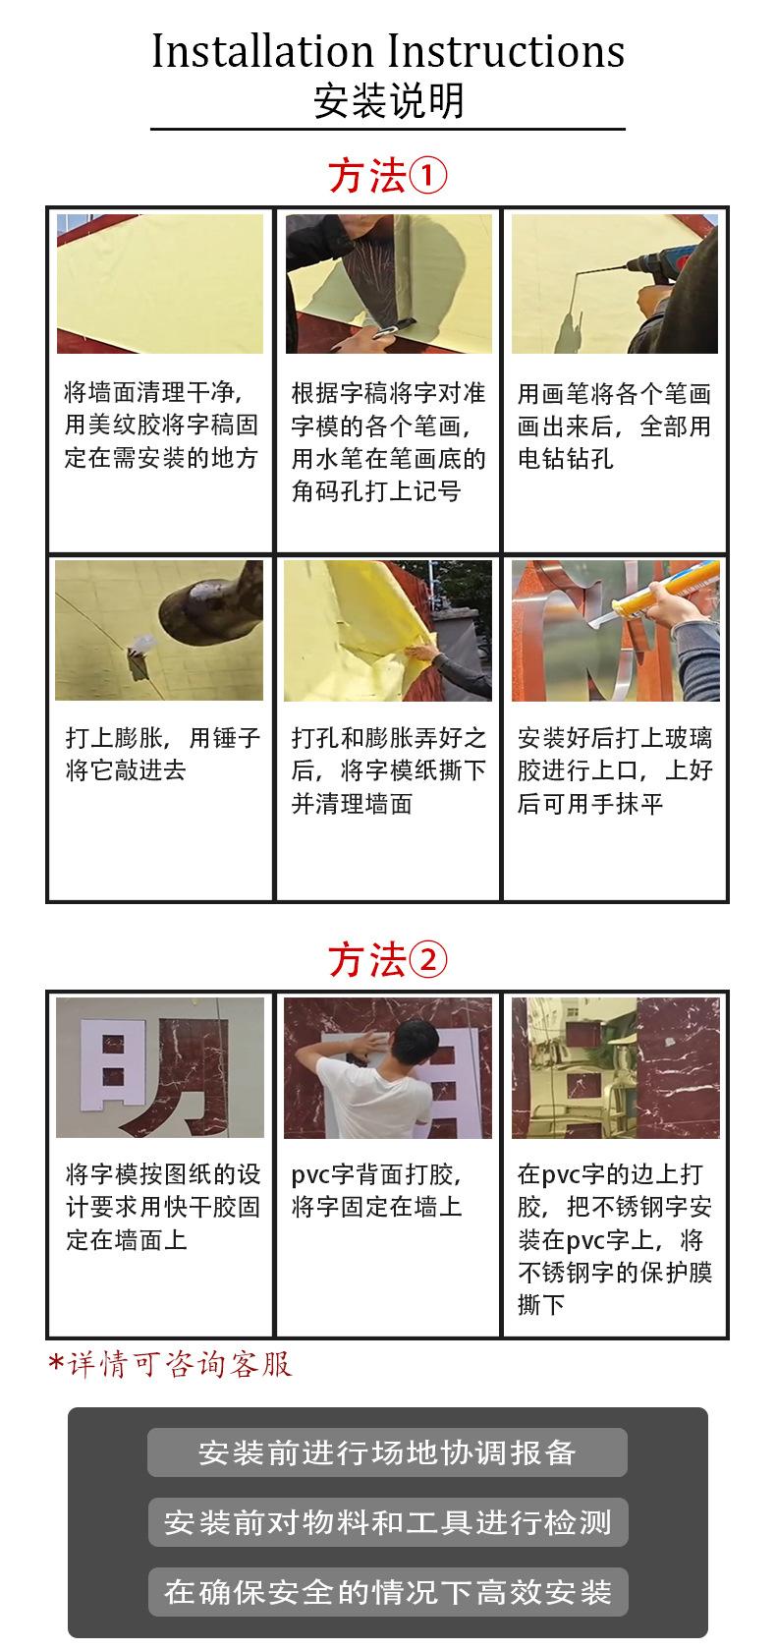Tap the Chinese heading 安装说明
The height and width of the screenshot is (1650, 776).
click(388, 101)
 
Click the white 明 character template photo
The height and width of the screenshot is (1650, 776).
click(160, 1067)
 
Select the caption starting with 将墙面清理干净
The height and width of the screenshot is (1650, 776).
click(161, 425)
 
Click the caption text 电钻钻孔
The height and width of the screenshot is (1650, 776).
click(566, 458)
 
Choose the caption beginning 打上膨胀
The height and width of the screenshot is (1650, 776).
click(163, 754)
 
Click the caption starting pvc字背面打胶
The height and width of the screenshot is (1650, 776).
click(376, 1190)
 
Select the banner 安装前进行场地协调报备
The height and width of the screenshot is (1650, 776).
click(387, 1452)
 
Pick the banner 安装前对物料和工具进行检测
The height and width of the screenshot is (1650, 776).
click(387, 1522)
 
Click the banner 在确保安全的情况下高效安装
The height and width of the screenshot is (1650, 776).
click(387, 1592)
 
